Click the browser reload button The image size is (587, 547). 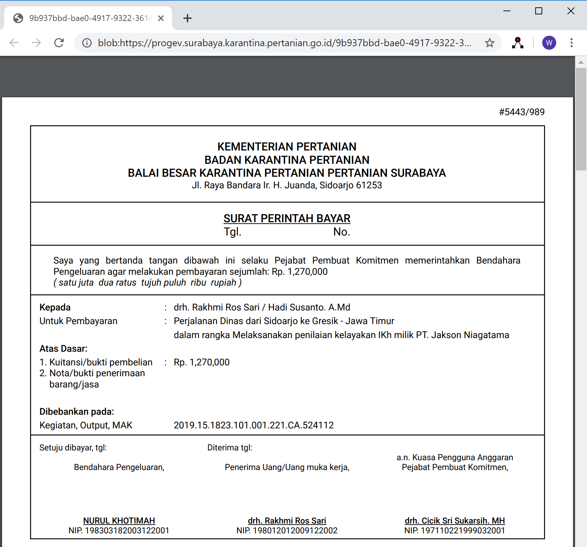pos(59,43)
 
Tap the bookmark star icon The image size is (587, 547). pos(489,43)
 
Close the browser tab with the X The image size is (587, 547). pos(161,18)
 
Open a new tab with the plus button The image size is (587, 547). pos(188,18)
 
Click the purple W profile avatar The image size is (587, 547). pos(549,43)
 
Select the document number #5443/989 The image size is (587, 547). pos(522,112)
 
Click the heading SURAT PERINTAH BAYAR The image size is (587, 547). pos(287,218)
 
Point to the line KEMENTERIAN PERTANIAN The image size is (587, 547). pos(287,147)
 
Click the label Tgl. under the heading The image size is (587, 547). pos(233,232)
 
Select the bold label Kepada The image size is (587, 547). pos(55,307)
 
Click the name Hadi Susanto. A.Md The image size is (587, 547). pos(309,307)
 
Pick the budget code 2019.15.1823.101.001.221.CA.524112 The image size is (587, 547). pos(254,425)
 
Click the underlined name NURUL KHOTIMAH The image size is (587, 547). pos(119,521)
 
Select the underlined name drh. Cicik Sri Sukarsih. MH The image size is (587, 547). pos(455,521)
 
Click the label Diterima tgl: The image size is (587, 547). pos(230,448)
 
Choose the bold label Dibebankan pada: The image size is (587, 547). pos(77,412)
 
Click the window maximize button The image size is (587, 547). pos(539,11)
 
